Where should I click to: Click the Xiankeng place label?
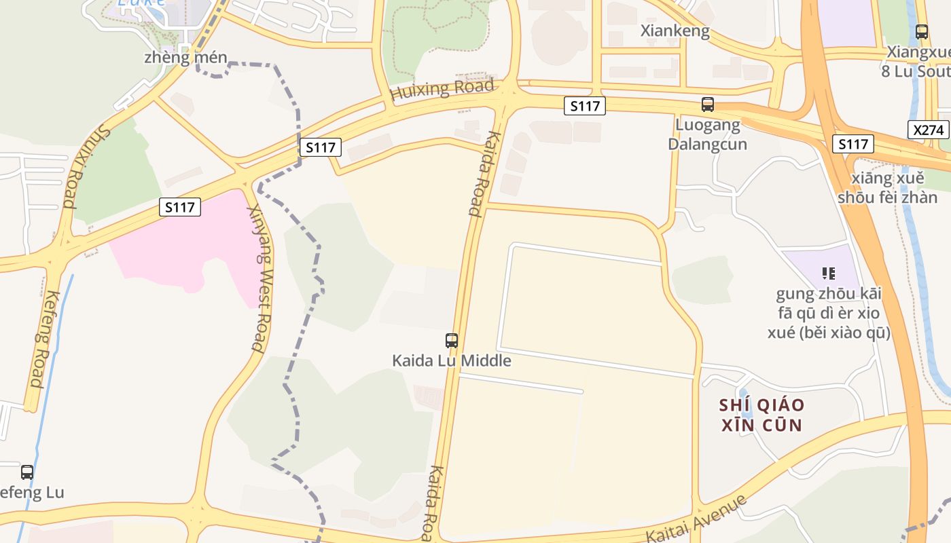(675, 31)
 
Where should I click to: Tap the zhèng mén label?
(185, 58)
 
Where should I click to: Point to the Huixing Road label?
(442, 90)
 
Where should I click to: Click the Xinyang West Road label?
(257, 278)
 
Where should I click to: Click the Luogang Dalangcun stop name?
(707, 134)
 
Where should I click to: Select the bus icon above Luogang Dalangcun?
(708, 105)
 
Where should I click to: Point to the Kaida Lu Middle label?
(451, 360)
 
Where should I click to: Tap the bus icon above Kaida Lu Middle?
(452, 340)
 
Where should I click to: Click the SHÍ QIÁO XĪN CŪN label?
(761, 415)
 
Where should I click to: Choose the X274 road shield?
(928, 130)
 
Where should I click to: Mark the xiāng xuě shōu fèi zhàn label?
(886, 188)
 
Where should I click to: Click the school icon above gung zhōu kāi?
(828, 274)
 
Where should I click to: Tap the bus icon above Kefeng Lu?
(27, 472)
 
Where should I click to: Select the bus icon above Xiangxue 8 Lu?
(922, 31)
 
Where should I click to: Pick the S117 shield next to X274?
(853, 144)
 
